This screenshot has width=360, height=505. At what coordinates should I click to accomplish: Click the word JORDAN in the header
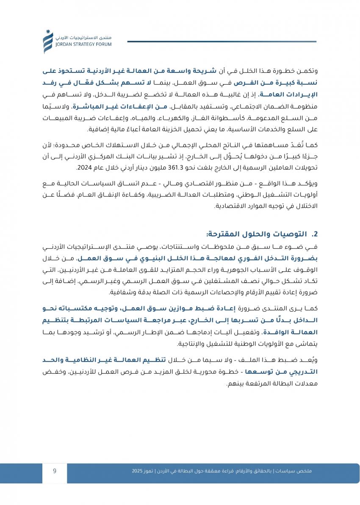tap(65, 43)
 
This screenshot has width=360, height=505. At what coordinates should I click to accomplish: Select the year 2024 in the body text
tap(84, 168)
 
